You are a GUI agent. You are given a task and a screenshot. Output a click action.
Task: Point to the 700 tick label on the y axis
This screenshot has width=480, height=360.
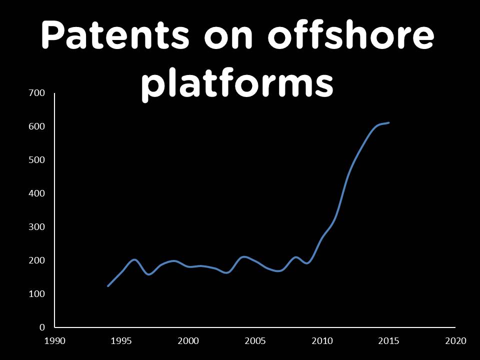(38, 93)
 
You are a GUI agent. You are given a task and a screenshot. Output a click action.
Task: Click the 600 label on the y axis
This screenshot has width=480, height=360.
(38, 126)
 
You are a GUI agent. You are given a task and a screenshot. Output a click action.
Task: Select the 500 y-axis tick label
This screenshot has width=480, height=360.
(38, 160)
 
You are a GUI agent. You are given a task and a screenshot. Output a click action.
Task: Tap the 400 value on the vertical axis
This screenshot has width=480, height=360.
(38, 193)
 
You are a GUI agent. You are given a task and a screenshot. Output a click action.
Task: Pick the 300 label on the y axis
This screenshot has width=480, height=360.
(38, 227)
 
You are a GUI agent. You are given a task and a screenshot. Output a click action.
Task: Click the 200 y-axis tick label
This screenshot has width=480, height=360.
(38, 260)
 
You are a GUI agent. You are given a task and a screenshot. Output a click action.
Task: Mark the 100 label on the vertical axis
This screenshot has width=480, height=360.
(38, 294)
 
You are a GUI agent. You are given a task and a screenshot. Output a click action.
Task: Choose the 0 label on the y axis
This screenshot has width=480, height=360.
(42, 327)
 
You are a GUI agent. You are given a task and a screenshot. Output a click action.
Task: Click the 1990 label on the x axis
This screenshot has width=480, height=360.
(55, 341)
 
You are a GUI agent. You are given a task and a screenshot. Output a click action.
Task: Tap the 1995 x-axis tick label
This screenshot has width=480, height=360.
(121, 341)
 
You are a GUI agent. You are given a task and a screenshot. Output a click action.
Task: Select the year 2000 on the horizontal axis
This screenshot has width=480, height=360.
(188, 341)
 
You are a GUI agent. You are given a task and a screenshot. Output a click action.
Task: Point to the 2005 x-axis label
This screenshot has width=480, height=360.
(255, 341)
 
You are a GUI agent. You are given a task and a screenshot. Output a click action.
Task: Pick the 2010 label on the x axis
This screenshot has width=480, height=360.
(322, 341)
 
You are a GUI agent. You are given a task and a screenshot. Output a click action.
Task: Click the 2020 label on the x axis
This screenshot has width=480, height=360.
(455, 341)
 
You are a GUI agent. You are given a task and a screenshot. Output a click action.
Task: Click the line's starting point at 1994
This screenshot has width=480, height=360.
(108, 286)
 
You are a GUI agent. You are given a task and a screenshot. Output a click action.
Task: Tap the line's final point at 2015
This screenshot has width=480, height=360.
(388, 122)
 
